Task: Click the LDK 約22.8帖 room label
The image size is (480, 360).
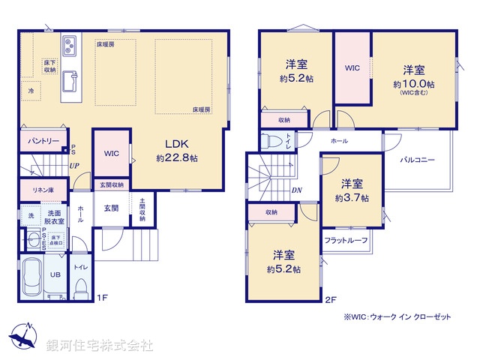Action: pos(177,151)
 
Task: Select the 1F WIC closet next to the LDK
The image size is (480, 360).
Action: pos(112,153)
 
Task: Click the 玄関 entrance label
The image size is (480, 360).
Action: pos(111,208)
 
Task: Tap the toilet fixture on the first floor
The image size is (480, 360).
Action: pos(80,286)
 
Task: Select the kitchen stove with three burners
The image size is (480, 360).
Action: pos(70,46)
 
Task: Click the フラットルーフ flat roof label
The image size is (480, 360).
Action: pos(346,240)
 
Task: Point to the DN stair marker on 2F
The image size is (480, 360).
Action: pos(296,190)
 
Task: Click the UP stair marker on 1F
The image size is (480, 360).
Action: pos(74,165)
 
